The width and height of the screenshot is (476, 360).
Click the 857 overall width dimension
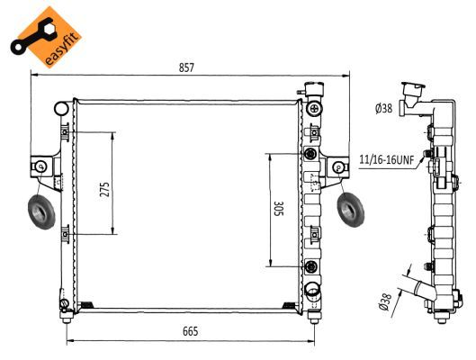[x=186, y=68]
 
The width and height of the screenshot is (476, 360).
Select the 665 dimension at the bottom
[x=190, y=331]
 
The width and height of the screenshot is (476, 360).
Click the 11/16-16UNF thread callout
[x=386, y=160]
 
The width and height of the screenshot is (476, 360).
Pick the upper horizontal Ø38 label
[x=383, y=110]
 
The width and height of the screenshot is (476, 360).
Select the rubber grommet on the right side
[x=349, y=211]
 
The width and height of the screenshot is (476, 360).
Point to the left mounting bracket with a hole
[x=42, y=166]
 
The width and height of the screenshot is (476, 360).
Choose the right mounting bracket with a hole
[x=338, y=166]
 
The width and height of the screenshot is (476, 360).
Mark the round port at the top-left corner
[x=61, y=109]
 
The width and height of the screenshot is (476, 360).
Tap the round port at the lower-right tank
[x=311, y=290]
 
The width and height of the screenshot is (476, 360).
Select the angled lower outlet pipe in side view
[x=422, y=290]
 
